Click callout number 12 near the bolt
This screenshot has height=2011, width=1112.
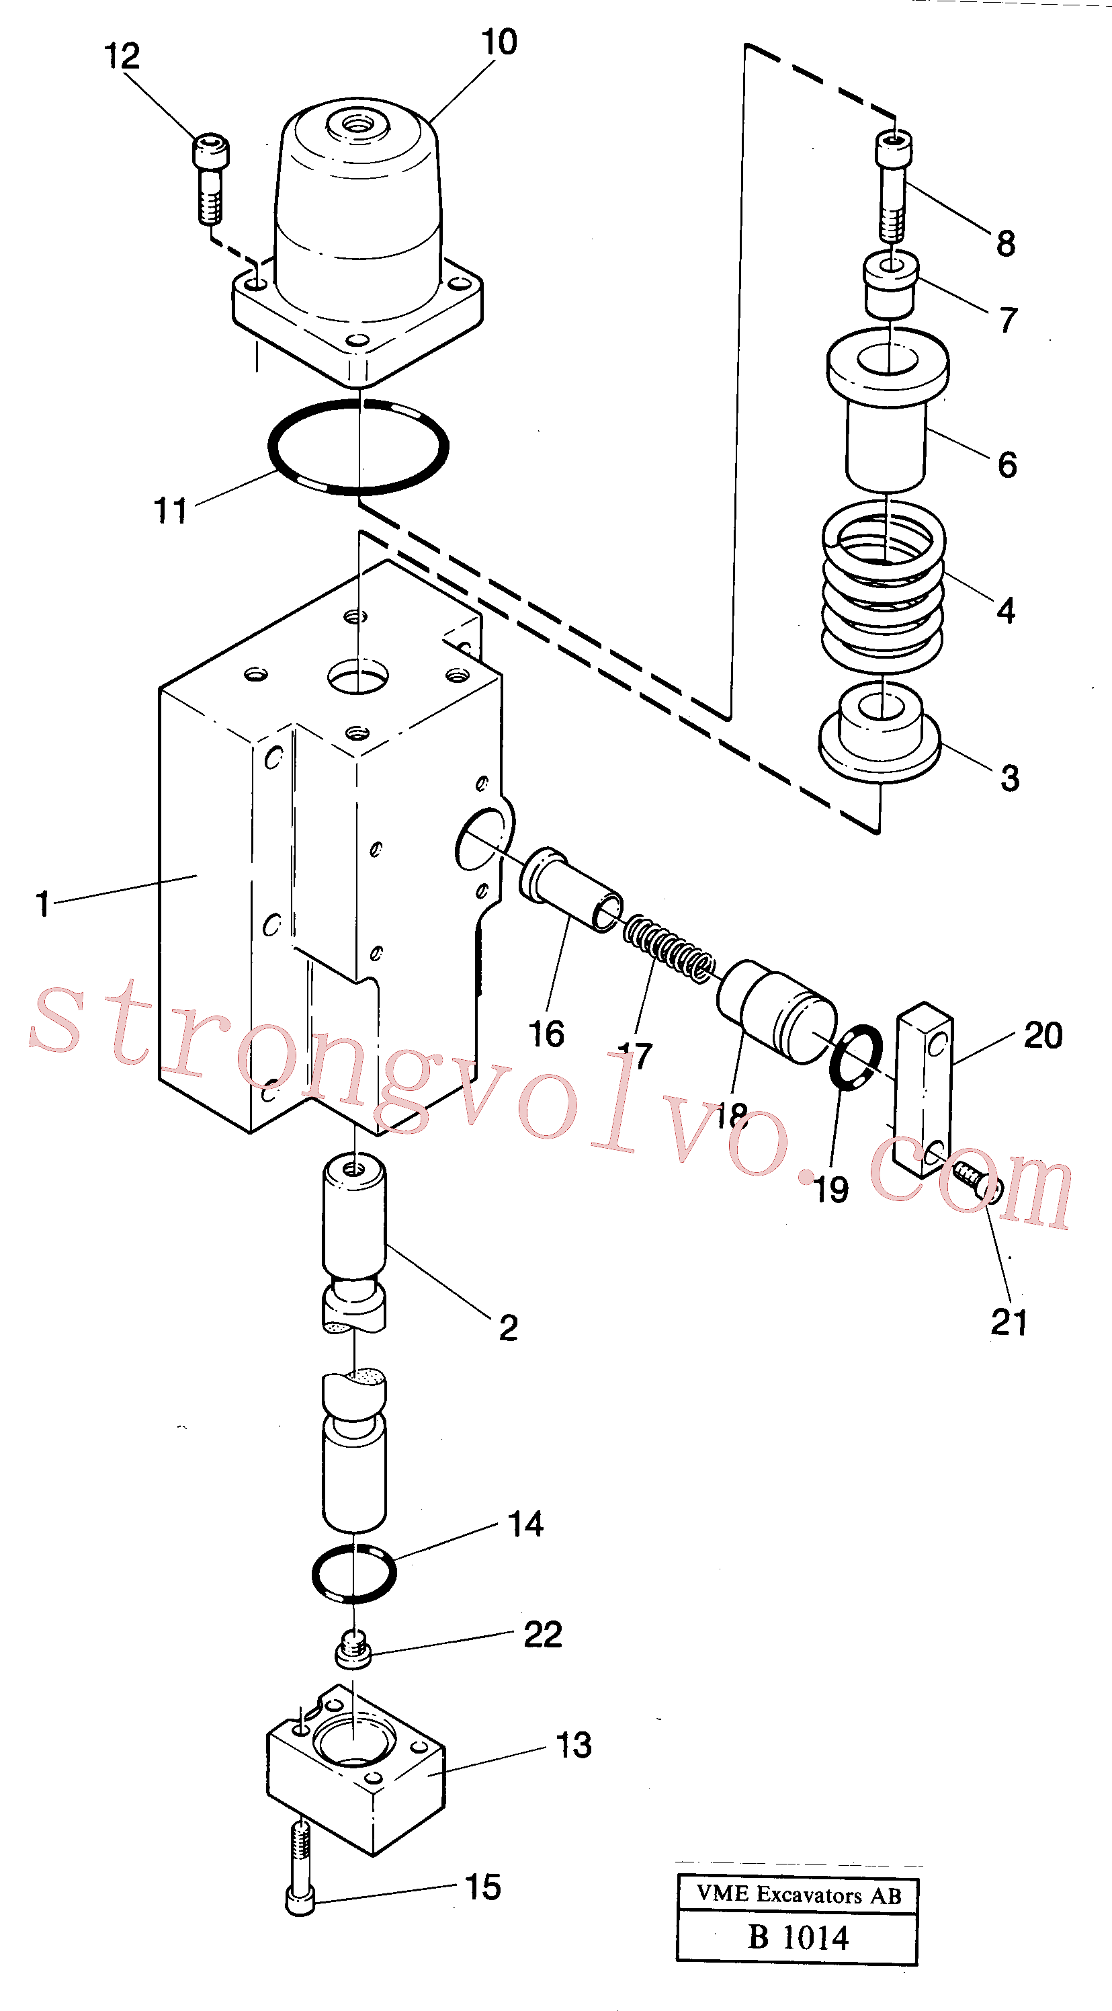[122, 56]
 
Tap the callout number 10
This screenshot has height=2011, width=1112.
[499, 42]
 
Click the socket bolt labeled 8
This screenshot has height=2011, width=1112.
[893, 187]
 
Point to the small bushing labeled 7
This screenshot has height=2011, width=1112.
[890, 285]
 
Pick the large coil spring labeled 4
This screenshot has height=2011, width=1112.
[884, 586]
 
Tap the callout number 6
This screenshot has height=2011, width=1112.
[1007, 464]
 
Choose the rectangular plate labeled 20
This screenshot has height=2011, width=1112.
[925, 1089]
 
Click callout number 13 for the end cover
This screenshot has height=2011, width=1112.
[574, 1745]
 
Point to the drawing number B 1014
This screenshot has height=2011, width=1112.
[798, 1937]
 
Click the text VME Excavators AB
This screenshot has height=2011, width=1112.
[798, 1895]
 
